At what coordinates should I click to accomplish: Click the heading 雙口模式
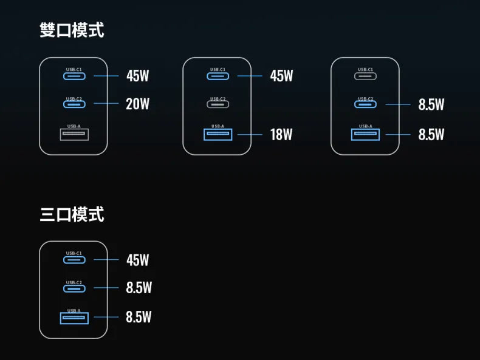click(x=72, y=30)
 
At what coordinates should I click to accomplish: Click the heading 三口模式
click(x=72, y=214)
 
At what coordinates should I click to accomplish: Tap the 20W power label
click(x=137, y=104)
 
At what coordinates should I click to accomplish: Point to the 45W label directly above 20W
click(x=137, y=76)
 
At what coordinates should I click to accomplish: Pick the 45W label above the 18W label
click(x=281, y=76)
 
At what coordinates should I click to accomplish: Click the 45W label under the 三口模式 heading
click(x=137, y=260)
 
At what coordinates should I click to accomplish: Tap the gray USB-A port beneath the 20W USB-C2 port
click(x=74, y=134)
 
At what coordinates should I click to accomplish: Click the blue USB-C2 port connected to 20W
click(x=74, y=104)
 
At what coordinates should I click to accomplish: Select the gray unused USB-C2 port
click(x=218, y=104)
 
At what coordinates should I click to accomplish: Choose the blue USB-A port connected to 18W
click(x=218, y=134)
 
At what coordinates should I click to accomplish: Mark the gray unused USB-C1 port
click(x=366, y=76)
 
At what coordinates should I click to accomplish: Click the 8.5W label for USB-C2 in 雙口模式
click(x=431, y=105)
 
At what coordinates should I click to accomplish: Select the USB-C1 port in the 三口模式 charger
click(x=74, y=260)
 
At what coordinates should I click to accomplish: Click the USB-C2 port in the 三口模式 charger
click(x=74, y=288)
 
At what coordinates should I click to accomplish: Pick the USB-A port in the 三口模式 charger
click(x=74, y=318)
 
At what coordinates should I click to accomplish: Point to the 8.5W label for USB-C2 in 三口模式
click(x=139, y=288)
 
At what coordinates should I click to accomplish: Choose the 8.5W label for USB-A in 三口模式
click(x=139, y=317)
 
